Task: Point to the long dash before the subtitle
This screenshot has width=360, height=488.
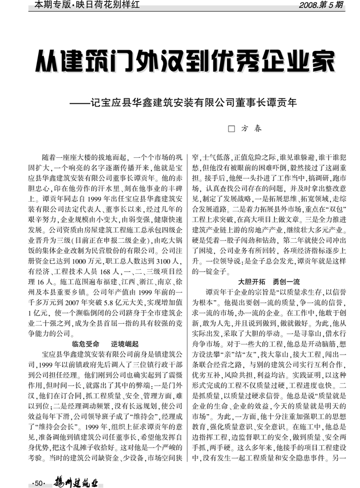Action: click(x=78, y=103)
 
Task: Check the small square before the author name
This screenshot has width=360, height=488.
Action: click(x=231, y=128)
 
